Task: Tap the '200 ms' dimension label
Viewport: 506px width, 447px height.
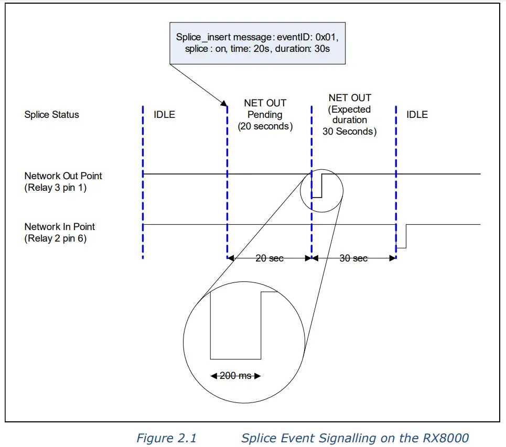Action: pos(235,376)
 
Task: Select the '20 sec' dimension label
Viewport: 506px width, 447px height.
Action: pos(269,258)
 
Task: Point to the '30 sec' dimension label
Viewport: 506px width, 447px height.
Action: pos(353,258)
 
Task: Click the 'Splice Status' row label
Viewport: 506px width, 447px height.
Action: pos(51,115)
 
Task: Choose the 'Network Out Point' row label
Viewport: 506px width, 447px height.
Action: pos(63,176)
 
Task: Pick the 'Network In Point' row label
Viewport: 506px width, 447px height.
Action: pos(60,227)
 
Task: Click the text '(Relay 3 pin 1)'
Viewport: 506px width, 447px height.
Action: pos(55,188)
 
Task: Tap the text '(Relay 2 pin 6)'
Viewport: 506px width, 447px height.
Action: pos(55,238)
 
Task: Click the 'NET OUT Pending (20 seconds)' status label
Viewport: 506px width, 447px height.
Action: pos(265,115)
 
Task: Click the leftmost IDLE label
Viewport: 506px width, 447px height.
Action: pos(164,115)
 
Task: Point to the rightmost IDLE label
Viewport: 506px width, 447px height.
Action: pos(417,115)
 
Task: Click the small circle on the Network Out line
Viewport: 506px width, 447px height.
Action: pos(321,190)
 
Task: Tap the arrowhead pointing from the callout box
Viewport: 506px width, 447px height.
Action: pos(225,104)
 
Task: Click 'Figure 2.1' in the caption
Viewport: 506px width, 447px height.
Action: pos(166,438)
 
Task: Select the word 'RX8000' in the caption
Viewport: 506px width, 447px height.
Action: pos(446,438)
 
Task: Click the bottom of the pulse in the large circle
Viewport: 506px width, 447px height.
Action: pos(235,359)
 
